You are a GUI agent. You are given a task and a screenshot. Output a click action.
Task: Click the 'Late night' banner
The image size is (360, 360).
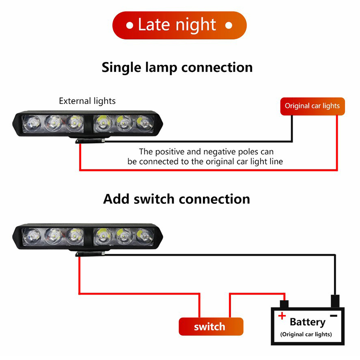[x=179, y=25]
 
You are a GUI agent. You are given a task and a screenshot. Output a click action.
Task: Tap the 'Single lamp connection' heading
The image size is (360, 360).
[x=177, y=67]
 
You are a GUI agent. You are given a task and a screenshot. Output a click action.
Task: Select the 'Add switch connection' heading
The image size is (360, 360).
[x=176, y=199]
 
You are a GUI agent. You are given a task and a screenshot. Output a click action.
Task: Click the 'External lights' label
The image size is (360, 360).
[x=87, y=101]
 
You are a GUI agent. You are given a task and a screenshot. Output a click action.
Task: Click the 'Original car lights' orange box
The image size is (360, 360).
[x=312, y=106]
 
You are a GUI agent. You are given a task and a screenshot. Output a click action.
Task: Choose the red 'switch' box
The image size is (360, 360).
[x=211, y=327]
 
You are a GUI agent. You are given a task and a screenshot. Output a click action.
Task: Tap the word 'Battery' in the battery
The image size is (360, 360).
[x=307, y=322]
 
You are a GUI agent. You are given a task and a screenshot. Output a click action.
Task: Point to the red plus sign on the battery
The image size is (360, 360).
[x=282, y=316]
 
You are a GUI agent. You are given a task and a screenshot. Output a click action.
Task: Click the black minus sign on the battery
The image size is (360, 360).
[x=333, y=315]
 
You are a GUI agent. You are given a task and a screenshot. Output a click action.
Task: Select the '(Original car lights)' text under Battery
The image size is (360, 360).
[x=306, y=334]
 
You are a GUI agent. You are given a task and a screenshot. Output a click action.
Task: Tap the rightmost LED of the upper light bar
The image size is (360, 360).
[x=144, y=122]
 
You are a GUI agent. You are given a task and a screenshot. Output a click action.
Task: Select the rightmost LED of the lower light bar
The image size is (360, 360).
[x=144, y=235]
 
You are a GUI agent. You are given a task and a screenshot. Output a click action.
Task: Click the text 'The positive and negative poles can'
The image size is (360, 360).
[x=206, y=152]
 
